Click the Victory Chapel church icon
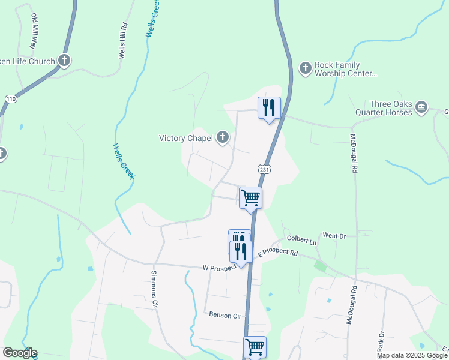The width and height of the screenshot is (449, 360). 222,138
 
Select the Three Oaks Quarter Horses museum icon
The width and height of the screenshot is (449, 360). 421,107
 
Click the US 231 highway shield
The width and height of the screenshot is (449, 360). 265,169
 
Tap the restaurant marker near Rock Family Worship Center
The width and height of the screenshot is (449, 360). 269,108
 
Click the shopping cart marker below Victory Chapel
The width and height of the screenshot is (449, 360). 250,197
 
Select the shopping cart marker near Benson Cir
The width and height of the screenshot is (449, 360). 255,346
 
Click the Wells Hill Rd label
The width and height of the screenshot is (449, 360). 122,40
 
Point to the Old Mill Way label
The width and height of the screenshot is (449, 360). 34,32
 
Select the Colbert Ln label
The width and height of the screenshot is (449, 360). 301,241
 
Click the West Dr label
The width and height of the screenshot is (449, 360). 334,236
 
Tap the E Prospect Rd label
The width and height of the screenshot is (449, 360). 278,254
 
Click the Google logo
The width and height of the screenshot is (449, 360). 20,353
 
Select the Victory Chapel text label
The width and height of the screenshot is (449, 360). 186,138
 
